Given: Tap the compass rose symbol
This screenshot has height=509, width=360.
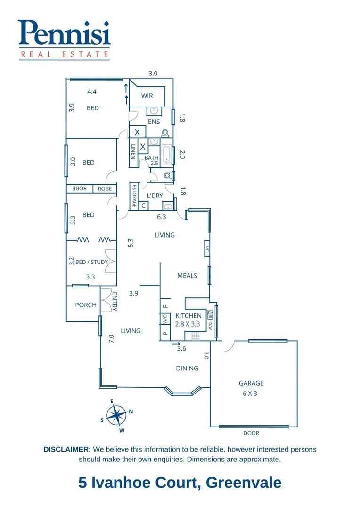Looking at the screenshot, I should [115, 415].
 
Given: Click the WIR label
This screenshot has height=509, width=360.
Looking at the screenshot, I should [147, 96].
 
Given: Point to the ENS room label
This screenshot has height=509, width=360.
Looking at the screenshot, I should [154, 122].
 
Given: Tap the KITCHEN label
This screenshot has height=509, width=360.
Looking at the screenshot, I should [188, 315].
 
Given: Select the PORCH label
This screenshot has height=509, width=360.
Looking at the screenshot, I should [86, 305].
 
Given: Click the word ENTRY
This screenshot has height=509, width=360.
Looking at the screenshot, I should [115, 301].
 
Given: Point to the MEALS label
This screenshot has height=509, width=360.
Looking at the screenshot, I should [187, 276].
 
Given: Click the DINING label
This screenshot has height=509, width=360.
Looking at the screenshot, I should [187, 368].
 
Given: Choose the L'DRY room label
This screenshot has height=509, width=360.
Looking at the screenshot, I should [155, 195].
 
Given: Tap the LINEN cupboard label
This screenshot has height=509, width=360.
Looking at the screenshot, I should [133, 152].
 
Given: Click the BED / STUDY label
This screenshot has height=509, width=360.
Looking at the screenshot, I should [91, 262].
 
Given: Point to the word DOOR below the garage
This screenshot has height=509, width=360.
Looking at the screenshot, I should [251, 433].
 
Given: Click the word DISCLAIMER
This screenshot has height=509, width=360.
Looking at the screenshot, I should [67, 450].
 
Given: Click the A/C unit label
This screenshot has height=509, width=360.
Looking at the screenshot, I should [206, 249].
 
